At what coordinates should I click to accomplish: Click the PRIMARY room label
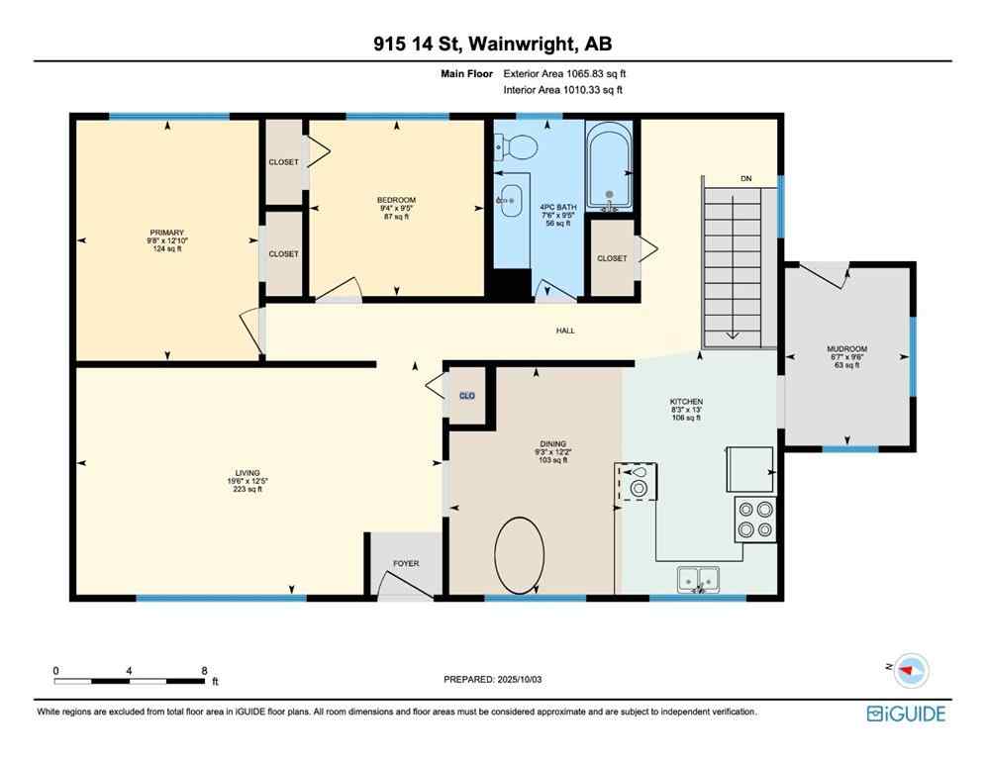tap(166, 233)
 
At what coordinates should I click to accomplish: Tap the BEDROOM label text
tap(396, 200)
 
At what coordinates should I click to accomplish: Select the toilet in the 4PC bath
tap(517, 146)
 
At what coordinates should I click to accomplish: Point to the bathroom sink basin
tap(511, 199)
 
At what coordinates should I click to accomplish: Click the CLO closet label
tap(466, 396)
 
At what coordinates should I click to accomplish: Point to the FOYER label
tap(406, 563)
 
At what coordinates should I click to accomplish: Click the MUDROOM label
tap(846, 349)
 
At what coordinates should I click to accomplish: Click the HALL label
tap(565, 331)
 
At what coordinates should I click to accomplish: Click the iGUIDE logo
tap(906, 713)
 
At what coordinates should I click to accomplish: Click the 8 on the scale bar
tap(204, 670)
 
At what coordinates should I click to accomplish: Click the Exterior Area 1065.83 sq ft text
tap(564, 73)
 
